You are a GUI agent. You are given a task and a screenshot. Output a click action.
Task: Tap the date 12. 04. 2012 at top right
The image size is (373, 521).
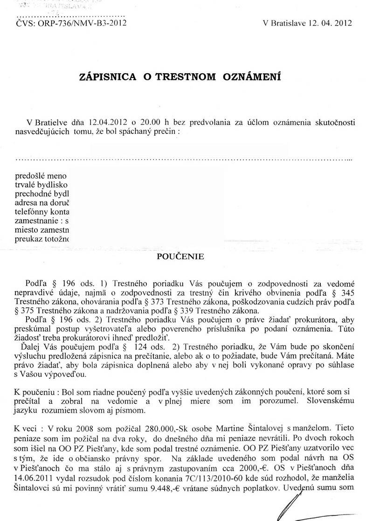(327, 22)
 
